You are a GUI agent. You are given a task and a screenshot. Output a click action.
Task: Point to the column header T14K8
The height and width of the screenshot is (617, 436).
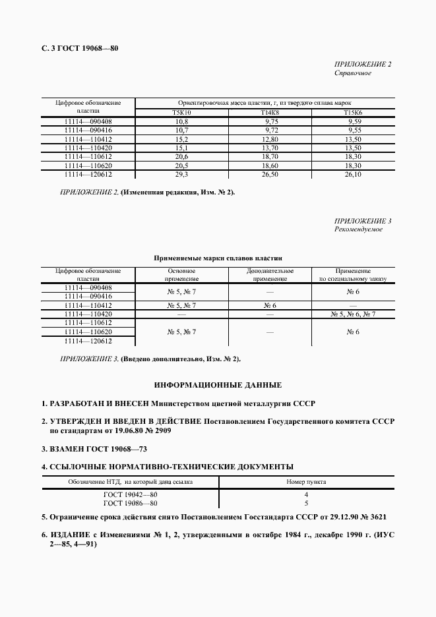coord(270,113)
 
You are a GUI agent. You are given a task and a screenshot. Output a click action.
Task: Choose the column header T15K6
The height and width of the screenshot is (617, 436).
coord(354,113)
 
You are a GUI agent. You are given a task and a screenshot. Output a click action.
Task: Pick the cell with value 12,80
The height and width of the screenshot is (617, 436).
coord(270,139)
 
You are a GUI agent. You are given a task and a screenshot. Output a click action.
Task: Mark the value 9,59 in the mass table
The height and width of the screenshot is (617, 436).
coord(354,122)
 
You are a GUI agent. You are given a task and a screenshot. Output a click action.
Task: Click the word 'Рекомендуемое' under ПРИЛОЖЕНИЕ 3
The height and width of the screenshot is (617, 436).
coord(358,229)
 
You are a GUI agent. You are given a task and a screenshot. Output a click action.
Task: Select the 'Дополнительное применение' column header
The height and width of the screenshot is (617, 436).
coord(270,275)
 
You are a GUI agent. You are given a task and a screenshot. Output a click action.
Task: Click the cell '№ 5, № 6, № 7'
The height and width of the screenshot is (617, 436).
coord(353,314)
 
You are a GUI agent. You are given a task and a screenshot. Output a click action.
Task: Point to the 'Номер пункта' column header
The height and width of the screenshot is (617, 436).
coord(306,482)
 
